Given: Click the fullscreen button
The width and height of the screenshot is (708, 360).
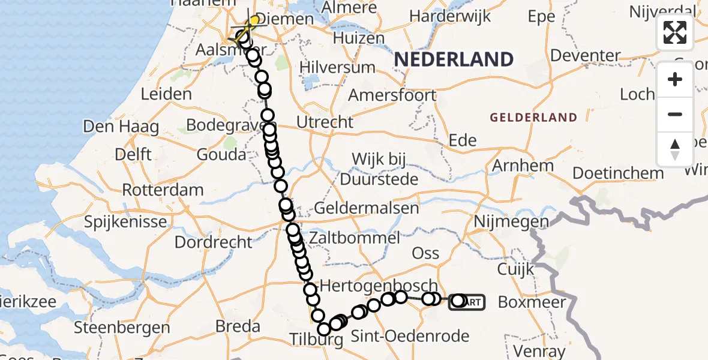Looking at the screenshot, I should (x=675, y=32).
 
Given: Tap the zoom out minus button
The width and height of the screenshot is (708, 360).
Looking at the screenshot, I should (x=675, y=114).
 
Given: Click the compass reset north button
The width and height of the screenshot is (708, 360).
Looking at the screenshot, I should (x=675, y=149).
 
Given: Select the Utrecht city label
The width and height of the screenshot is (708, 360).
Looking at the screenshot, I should (x=325, y=122).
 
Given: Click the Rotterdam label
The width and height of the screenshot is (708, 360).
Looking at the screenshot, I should (x=163, y=190).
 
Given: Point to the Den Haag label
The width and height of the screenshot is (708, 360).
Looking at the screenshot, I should (x=121, y=127).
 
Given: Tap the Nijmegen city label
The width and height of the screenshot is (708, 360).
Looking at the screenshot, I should (x=511, y=221).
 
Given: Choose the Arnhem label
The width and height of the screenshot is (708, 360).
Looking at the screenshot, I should (x=514, y=165).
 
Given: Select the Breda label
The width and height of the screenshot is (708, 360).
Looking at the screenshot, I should (x=238, y=326).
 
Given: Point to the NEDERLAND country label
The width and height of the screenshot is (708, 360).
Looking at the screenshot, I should (x=454, y=59).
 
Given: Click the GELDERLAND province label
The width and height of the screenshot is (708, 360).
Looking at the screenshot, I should (x=533, y=118).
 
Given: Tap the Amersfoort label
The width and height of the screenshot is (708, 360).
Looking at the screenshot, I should (x=392, y=95).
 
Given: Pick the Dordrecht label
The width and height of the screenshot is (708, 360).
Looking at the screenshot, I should (x=214, y=242).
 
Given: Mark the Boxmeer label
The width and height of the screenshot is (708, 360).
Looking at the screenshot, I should (x=532, y=302).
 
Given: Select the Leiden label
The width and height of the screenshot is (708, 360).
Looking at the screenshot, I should (x=166, y=94).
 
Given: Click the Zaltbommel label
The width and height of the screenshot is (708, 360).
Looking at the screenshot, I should (x=354, y=238).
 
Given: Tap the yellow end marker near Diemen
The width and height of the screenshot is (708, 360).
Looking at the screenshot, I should (x=254, y=22).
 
